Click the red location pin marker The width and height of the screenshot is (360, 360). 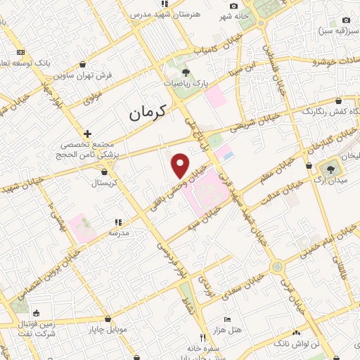click(181, 165)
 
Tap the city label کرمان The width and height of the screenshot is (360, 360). click(147, 112)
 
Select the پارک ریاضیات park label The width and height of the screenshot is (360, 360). click(188, 83)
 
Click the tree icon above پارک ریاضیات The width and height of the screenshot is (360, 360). click(186, 72)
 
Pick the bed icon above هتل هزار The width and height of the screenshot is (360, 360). click(226, 319)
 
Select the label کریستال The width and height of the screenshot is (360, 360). click(105, 182)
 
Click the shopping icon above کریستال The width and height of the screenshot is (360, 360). click(105, 170)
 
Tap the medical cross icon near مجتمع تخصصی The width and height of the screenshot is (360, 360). click(87, 134)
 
